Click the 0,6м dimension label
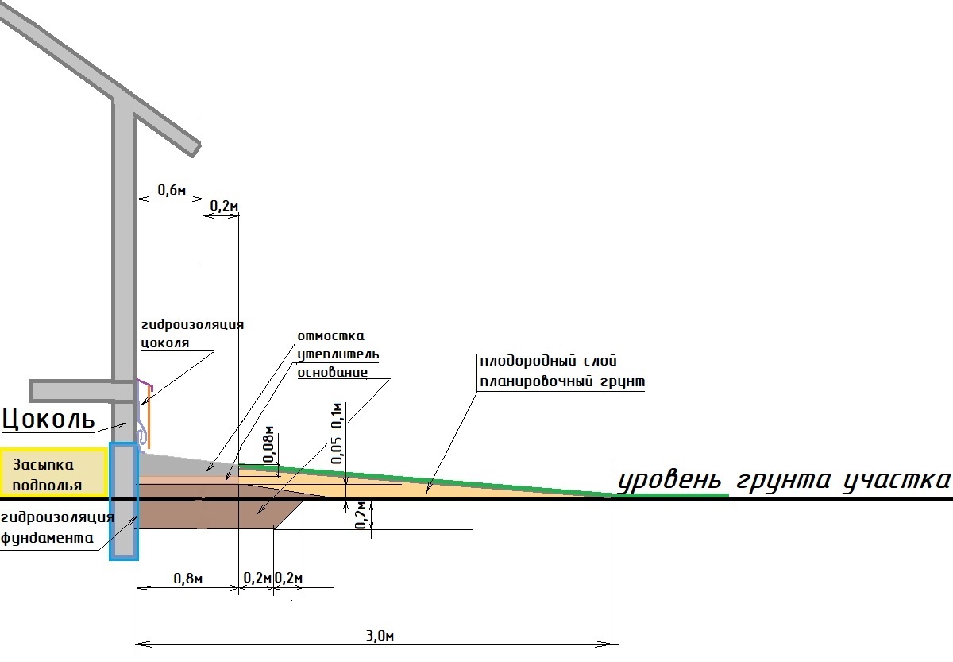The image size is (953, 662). [172, 190]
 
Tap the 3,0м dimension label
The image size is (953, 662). [380, 636]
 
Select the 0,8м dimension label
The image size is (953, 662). [188, 578]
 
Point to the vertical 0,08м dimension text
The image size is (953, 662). [269, 444]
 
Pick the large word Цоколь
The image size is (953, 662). [48, 419]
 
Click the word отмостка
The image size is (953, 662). [331, 336]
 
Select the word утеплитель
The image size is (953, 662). [338, 354]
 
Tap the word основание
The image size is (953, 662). [332, 373]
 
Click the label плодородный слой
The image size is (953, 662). [549, 361]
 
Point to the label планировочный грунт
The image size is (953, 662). [562, 382]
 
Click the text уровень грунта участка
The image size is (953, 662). [784, 481]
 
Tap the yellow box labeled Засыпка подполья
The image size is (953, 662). [53, 472]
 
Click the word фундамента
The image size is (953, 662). [47, 538]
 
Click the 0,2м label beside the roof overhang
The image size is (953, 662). [224, 206]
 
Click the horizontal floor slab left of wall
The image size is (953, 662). [82, 391]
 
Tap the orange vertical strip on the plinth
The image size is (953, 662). [149, 417]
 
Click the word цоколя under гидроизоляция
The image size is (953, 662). [164, 343]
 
